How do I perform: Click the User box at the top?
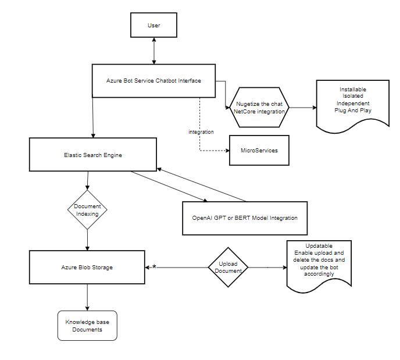click(153, 26)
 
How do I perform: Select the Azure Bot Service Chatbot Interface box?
click(153, 80)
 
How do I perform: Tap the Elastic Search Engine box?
click(93, 155)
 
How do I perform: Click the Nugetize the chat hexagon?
click(259, 107)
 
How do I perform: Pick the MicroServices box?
click(259, 150)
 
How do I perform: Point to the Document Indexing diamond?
click(88, 209)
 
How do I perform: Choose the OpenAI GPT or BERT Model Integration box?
click(245, 218)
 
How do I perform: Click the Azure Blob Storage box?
click(87, 268)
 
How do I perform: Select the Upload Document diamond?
click(228, 268)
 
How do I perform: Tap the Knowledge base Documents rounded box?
click(87, 326)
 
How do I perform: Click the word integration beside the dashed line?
click(201, 132)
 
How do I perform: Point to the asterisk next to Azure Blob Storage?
click(154, 268)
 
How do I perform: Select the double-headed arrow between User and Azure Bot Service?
click(153, 51)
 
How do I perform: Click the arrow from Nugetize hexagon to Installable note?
click(302, 108)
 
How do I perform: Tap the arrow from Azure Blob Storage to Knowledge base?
click(87, 297)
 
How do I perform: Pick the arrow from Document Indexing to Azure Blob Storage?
click(87, 238)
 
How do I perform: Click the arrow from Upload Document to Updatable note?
click(267, 268)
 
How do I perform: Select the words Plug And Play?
click(353, 111)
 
